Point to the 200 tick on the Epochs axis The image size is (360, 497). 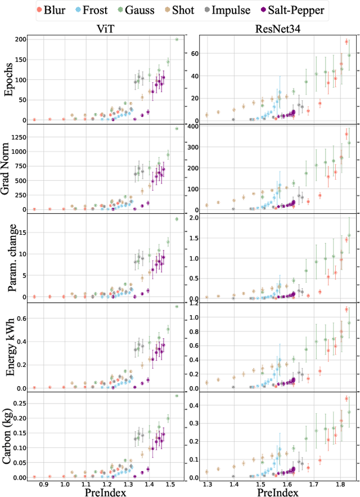[x=20, y=39]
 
